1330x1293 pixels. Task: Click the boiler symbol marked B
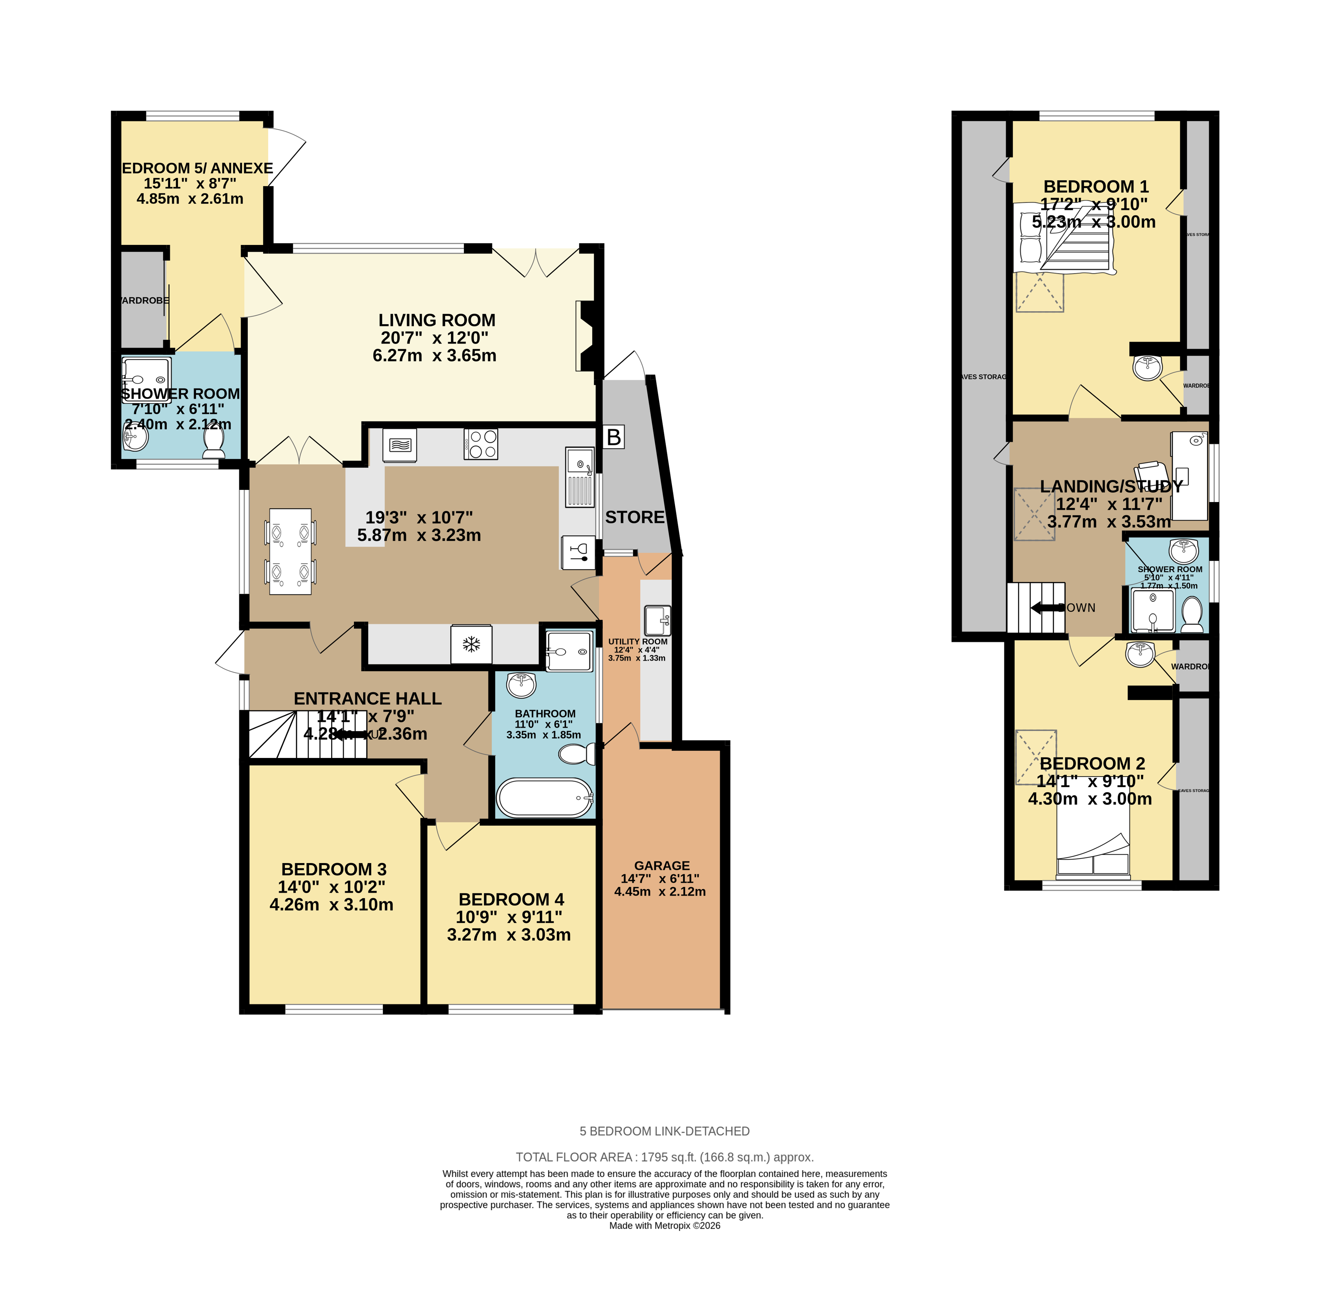tap(613, 437)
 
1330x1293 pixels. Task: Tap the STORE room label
tap(634, 518)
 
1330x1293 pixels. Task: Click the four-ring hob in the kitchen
tap(481, 444)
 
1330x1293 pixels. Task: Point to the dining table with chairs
tap(291, 551)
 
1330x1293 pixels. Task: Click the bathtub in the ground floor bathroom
tap(545, 797)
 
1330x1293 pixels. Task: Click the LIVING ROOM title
tap(436, 320)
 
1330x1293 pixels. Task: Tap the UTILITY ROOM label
tap(637, 642)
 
